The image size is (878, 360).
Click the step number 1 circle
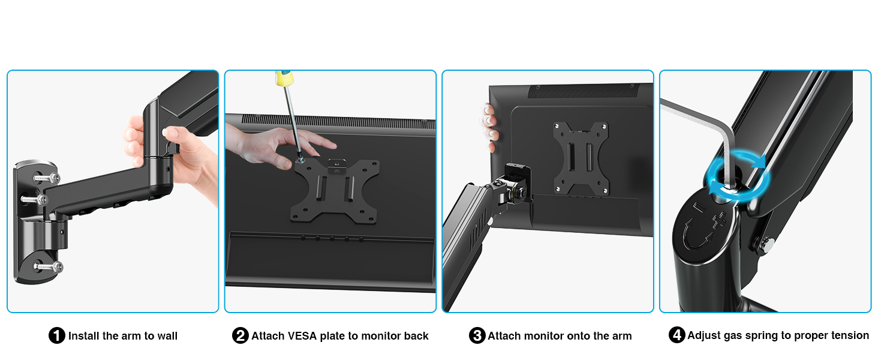click(x=56, y=336)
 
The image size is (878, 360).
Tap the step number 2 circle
click(x=240, y=336)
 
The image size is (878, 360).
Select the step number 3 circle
click(x=477, y=336)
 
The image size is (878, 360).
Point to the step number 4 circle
click(x=676, y=336)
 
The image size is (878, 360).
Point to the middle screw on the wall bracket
click(x=33, y=199)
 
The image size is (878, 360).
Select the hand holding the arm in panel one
click(x=180, y=156)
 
